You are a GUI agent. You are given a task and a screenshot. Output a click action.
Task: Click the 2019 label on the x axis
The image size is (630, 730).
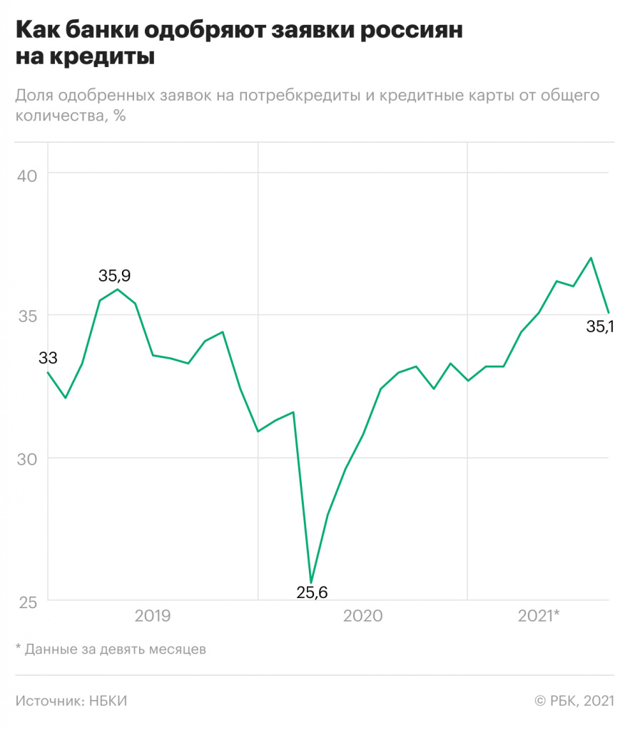153,615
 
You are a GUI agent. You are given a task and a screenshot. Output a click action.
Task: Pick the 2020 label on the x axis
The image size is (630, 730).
362,615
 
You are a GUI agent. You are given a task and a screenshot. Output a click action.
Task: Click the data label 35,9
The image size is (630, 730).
115,275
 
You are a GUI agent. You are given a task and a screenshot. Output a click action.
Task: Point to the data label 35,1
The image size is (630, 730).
600,329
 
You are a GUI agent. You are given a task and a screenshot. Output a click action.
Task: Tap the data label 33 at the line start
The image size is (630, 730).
48,358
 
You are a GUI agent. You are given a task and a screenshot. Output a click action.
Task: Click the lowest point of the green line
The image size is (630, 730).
311,582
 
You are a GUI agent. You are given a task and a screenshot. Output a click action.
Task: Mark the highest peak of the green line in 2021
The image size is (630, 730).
591,258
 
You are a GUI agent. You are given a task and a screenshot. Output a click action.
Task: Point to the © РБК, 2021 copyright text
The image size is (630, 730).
574,701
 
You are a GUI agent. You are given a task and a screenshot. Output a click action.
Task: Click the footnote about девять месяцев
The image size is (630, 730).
111,649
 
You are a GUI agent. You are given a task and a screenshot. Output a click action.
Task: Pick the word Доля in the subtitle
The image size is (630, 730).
34,96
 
